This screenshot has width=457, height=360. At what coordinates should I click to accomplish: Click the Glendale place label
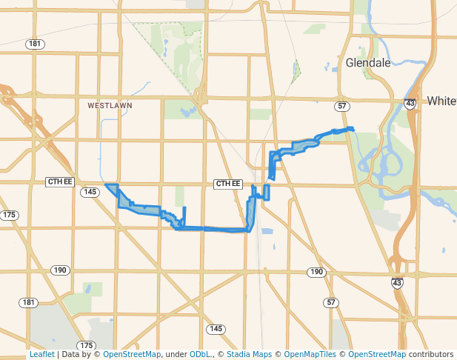click(x=368, y=63)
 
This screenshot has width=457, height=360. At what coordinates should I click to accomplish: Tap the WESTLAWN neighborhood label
click(x=110, y=106)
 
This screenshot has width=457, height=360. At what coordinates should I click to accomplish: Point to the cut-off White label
click(x=441, y=101)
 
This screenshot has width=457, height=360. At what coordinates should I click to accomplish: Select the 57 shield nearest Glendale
click(x=341, y=107)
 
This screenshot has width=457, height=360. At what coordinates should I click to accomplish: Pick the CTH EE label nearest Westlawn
click(x=60, y=182)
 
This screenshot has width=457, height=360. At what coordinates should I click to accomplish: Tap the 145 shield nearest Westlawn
click(x=90, y=192)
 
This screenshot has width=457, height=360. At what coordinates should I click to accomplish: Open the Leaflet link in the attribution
click(x=41, y=354)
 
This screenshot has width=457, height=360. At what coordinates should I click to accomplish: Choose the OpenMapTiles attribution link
click(x=311, y=354)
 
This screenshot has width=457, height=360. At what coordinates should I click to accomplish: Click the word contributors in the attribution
click(x=430, y=354)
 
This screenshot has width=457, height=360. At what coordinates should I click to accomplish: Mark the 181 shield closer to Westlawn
click(x=34, y=44)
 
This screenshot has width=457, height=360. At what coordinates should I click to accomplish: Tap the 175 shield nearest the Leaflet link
click(x=87, y=345)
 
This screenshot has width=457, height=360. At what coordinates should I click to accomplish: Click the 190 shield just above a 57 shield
click(x=317, y=273)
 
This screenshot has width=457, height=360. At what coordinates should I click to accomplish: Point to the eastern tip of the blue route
click(x=353, y=130)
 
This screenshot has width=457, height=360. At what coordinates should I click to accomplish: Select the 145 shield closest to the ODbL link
click(x=216, y=328)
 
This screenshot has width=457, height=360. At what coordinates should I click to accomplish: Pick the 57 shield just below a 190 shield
click(x=331, y=302)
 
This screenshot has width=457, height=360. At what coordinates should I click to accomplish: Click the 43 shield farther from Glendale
click(x=398, y=282)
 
